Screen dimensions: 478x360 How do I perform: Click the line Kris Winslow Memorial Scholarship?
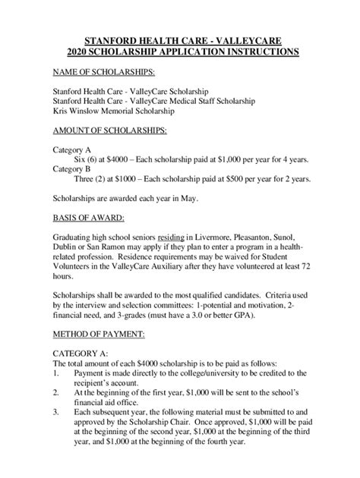[x=114, y=110]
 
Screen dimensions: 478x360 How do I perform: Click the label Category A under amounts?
[x=73, y=149]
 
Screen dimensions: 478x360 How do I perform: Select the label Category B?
[x=73, y=169]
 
